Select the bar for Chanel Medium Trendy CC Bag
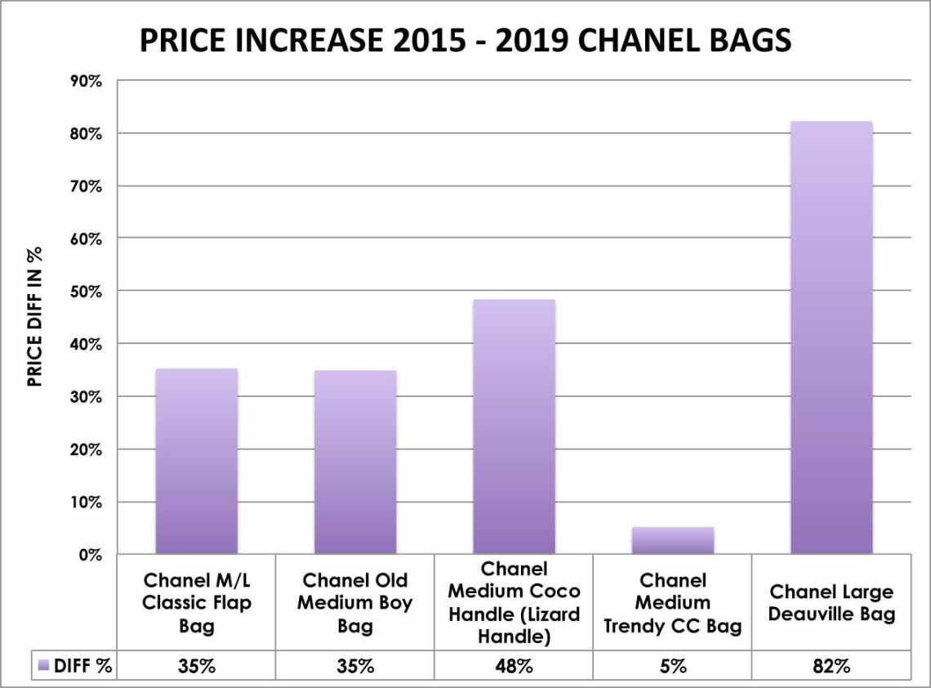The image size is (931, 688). pos(673,540)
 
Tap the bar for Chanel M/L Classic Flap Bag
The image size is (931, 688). pos(196,461)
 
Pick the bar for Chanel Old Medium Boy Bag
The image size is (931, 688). pos(355,462)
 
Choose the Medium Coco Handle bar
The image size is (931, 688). pos(514,427)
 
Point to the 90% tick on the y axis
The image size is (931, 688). pos(84,81)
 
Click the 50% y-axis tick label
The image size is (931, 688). pos(84,292)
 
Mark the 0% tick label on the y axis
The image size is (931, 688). pos(88,556)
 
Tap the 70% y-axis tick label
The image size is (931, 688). pos(84,186)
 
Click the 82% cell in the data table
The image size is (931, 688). pos(831,666)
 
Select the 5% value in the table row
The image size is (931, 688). pos(673,666)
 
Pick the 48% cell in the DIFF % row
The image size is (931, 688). pos(514,666)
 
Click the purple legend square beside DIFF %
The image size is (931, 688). pos(44,666)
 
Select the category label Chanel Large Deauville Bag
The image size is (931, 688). pos(831,603)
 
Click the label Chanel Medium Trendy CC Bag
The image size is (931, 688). pos(673,603)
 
